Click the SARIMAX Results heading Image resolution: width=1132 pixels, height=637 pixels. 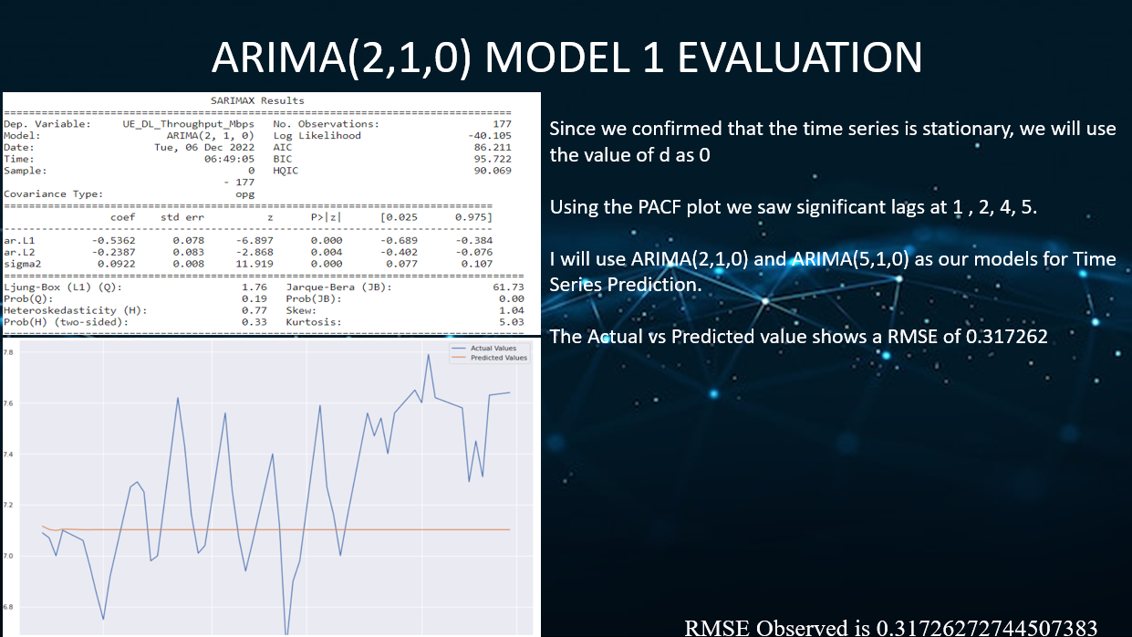coord(258,100)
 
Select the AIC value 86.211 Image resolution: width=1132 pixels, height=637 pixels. coord(493,147)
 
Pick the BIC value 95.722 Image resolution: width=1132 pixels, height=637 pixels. coord(493,159)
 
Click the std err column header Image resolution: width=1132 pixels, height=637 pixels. coord(182,217)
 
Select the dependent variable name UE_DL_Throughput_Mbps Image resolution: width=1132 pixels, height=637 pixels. coord(190,123)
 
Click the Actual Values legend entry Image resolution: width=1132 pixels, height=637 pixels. coord(493,349)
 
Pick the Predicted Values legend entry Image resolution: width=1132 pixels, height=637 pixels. coord(498,358)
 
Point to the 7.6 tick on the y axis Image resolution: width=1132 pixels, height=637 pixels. coord(8,402)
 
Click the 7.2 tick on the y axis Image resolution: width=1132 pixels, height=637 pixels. coord(8,505)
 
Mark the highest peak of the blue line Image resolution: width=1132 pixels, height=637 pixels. coord(428,354)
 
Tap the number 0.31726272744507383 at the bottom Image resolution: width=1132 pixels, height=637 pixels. coord(987,627)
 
